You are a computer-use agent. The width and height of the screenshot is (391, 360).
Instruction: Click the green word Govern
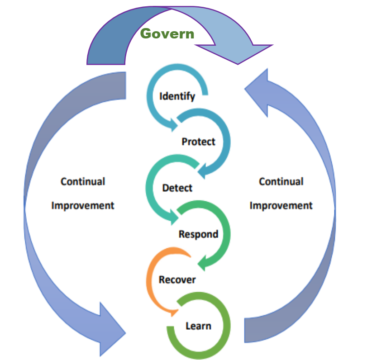(167, 33)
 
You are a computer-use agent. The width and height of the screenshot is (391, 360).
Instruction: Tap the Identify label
(177, 96)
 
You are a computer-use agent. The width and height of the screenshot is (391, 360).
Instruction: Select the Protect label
(198, 142)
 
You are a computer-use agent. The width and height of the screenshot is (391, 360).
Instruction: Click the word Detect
(177, 187)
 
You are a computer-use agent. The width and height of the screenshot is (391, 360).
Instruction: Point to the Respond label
(198, 234)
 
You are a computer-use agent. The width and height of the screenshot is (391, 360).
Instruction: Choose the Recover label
(177, 279)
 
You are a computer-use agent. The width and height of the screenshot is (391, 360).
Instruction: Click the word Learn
(198, 326)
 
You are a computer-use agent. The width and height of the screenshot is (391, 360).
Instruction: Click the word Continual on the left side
(83, 181)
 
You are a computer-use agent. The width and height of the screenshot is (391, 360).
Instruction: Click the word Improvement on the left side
(83, 205)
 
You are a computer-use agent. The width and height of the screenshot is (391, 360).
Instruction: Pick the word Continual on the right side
(281, 181)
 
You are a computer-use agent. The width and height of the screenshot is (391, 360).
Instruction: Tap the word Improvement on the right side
(281, 205)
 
